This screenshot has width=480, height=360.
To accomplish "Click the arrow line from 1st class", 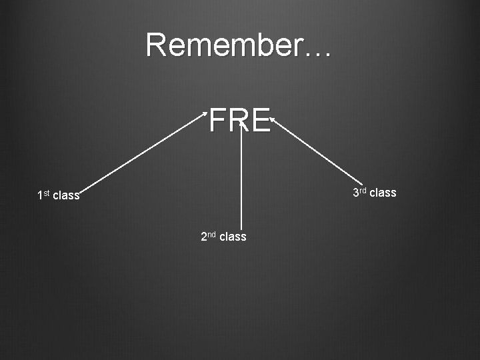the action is (143, 155).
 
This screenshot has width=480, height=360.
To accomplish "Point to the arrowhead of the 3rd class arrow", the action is (272, 121).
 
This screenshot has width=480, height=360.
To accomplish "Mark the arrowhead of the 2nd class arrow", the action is (241, 123).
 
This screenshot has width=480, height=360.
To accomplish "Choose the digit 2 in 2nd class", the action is (204, 237).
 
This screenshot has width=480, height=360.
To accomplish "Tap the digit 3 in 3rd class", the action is (356, 193).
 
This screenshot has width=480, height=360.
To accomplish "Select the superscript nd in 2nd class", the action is (211, 234).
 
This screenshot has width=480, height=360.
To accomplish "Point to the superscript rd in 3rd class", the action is (363, 191).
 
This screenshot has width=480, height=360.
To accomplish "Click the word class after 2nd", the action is (233, 237).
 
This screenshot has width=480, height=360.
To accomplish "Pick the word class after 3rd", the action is (383, 193).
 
